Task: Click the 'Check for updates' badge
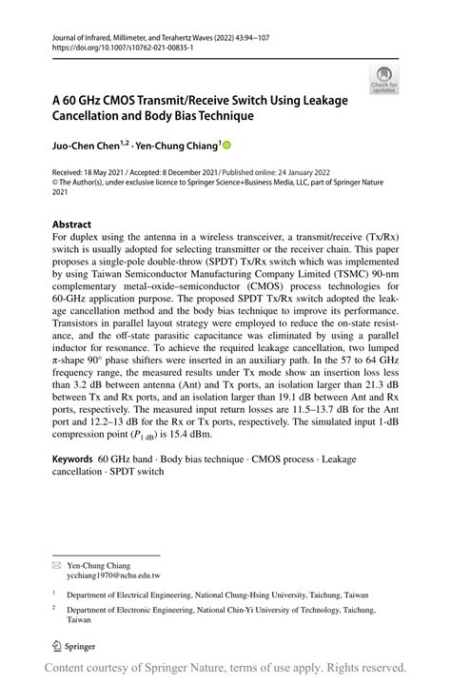pos(384,80)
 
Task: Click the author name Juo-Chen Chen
pos(79,146)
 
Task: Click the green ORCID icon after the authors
pos(227,146)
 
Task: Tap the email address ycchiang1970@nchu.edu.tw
pos(111,549)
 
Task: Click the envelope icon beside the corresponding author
pos(56,538)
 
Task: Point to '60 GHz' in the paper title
pos(84,100)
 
